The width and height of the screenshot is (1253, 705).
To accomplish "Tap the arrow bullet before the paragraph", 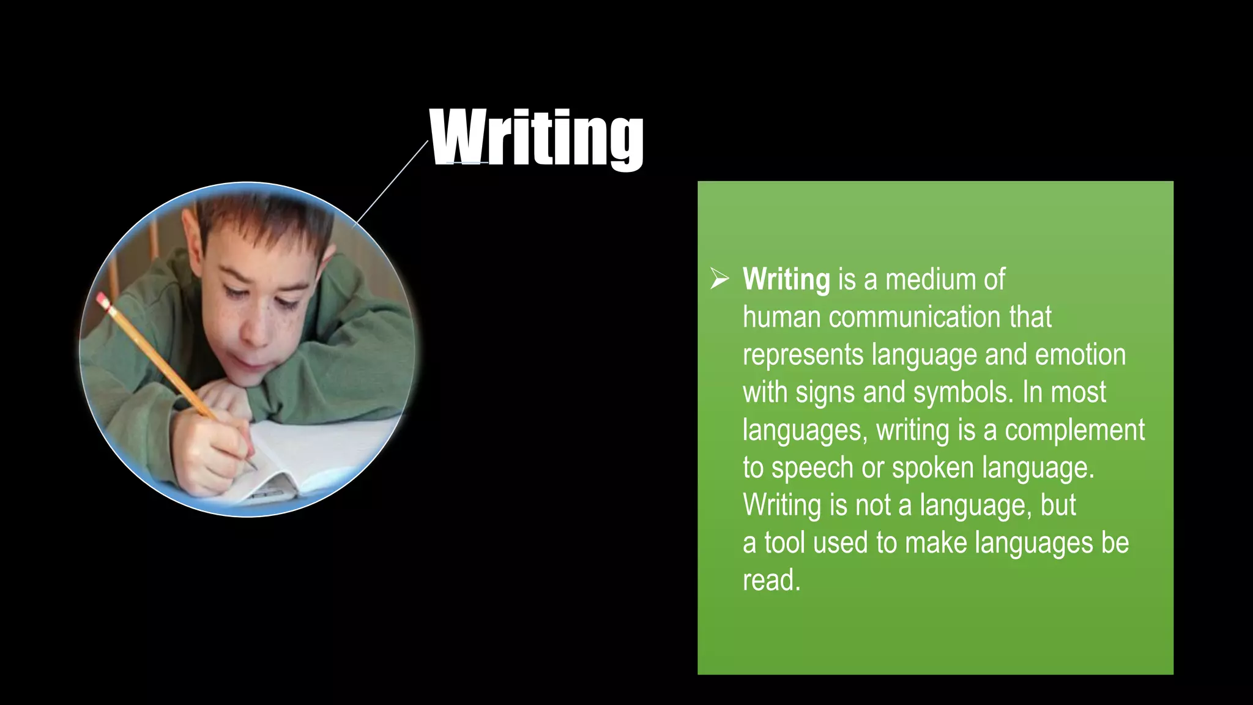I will click(x=719, y=279).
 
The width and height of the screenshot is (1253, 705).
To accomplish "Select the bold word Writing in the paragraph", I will click(x=786, y=280).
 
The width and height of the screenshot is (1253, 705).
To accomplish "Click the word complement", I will click(x=1074, y=430).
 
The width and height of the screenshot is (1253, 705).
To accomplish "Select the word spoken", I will click(x=932, y=468).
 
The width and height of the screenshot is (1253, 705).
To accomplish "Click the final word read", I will click(x=771, y=580).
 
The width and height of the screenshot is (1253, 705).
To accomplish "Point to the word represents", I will click(x=803, y=355).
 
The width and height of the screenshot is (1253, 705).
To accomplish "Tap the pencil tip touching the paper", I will click(x=253, y=468).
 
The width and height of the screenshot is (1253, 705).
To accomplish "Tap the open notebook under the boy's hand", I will click(x=318, y=453).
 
